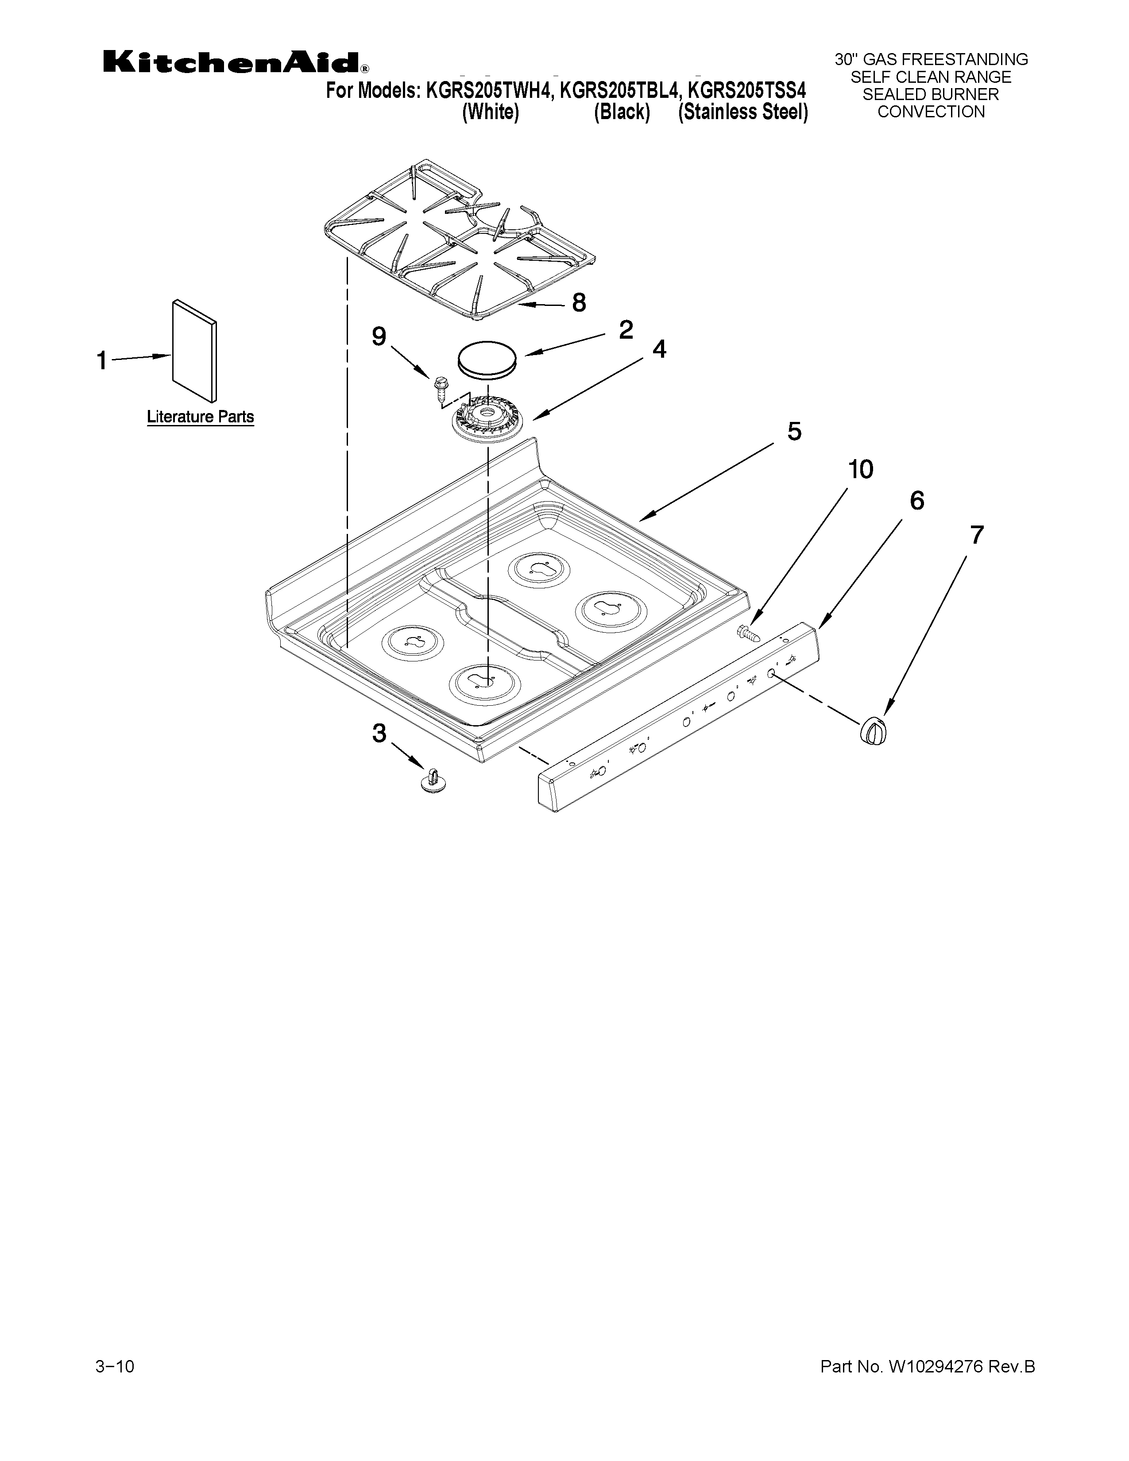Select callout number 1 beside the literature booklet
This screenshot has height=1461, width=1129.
pyautogui.click(x=102, y=361)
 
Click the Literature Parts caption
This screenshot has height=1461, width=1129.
pyautogui.click(x=200, y=417)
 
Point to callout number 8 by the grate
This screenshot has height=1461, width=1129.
pyautogui.click(x=579, y=302)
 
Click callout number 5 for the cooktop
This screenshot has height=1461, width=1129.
pyautogui.click(x=794, y=432)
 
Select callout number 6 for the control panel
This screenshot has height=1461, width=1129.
pyautogui.click(x=916, y=500)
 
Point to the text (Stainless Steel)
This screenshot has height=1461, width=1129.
pyautogui.click(x=743, y=112)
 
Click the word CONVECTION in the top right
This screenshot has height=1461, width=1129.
pyautogui.click(x=931, y=112)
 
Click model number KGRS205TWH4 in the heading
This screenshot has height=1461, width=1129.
pyautogui.click(x=489, y=91)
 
